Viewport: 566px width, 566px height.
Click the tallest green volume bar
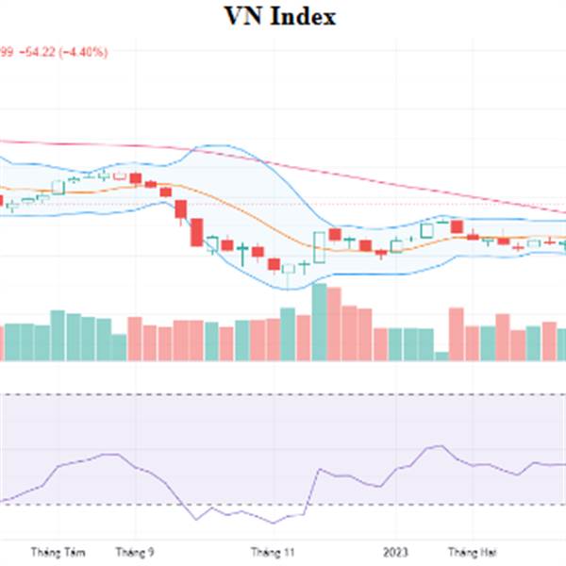pos(319,322)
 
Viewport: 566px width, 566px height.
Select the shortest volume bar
pos(441,356)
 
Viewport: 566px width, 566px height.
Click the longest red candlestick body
pos(197,232)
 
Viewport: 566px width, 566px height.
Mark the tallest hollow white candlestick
pos(319,246)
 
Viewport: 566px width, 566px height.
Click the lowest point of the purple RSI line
pos(274,523)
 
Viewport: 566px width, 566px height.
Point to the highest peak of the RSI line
pos(436,445)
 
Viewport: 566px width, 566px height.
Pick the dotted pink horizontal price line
pos(377,204)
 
